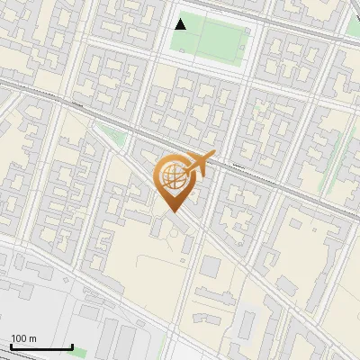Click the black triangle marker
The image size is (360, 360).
181,24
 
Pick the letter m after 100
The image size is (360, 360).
33,338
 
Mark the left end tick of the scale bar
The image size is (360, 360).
11,346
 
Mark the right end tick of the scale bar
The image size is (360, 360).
72,346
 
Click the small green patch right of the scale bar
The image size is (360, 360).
81,350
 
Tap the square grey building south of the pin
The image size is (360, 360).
211,266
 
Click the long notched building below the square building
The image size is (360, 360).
216,298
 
